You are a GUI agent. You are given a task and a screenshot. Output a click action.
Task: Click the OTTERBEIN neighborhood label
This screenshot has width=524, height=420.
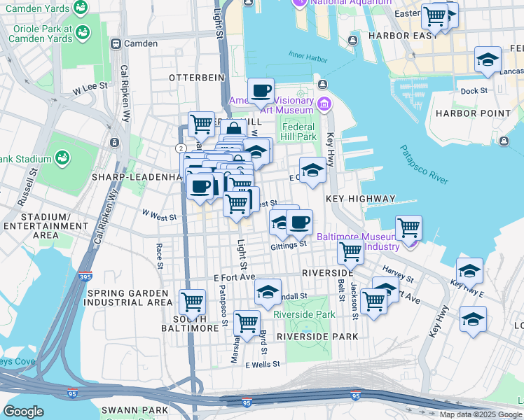(196, 77)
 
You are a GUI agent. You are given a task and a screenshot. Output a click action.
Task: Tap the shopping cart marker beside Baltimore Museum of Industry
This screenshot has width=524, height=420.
(408, 227)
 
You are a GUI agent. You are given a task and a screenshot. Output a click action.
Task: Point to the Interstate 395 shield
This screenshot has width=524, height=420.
(85, 276)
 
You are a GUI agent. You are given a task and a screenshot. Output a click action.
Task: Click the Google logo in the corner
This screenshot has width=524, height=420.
(23, 411)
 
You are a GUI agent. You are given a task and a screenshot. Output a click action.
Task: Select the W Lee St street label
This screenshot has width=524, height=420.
(90, 85)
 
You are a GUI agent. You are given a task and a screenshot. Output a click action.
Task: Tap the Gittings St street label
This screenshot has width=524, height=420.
(289, 245)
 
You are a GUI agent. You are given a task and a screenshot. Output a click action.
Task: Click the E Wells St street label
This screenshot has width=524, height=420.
(262, 364)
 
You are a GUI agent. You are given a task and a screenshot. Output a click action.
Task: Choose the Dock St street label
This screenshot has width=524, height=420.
(474, 90)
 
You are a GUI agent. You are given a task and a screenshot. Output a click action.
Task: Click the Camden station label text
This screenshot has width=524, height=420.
(140, 43)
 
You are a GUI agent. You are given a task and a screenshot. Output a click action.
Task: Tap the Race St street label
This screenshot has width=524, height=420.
(159, 255)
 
